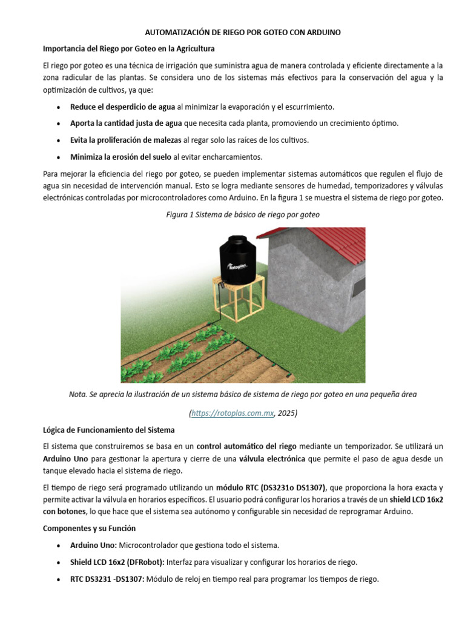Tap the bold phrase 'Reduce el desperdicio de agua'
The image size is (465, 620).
122,107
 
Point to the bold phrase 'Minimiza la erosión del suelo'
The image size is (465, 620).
120,157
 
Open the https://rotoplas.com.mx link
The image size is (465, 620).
232,414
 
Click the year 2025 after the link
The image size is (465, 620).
286,414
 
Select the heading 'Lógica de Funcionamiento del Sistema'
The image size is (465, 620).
108,430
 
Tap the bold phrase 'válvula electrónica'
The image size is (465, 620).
272,459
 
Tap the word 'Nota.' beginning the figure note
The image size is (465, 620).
79,394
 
